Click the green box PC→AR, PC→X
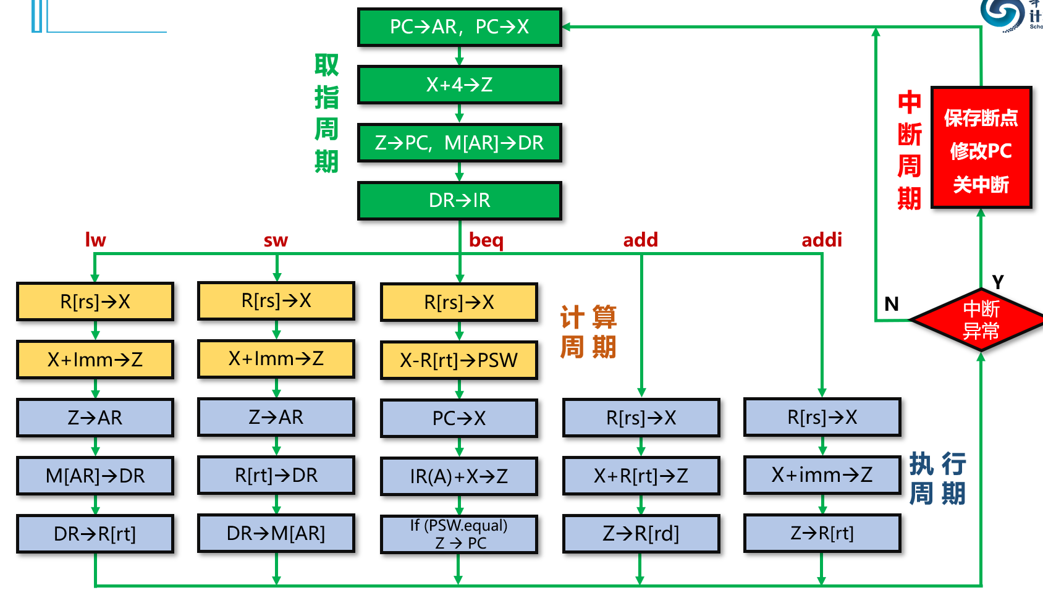pos(459,27)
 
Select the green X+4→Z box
pos(459,85)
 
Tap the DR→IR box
pos(459,200)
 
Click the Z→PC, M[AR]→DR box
pos(459,143)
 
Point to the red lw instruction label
pos(95,240)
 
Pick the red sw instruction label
pos(276,240)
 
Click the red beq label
pos(486,240)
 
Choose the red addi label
pos(822,240)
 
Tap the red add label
pos(640,240)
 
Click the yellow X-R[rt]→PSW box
pos(458,360)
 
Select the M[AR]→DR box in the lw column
pos(95,476)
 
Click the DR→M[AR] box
pos(276,533)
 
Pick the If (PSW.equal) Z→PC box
pos(458,534)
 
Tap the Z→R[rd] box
pos(641,533)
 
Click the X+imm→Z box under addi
pos(822,475)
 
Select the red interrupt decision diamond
pos(980,320)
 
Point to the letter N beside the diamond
pos(891,304)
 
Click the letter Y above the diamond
pos(997,282)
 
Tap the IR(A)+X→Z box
pos(458,476)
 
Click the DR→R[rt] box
pos(95,534)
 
